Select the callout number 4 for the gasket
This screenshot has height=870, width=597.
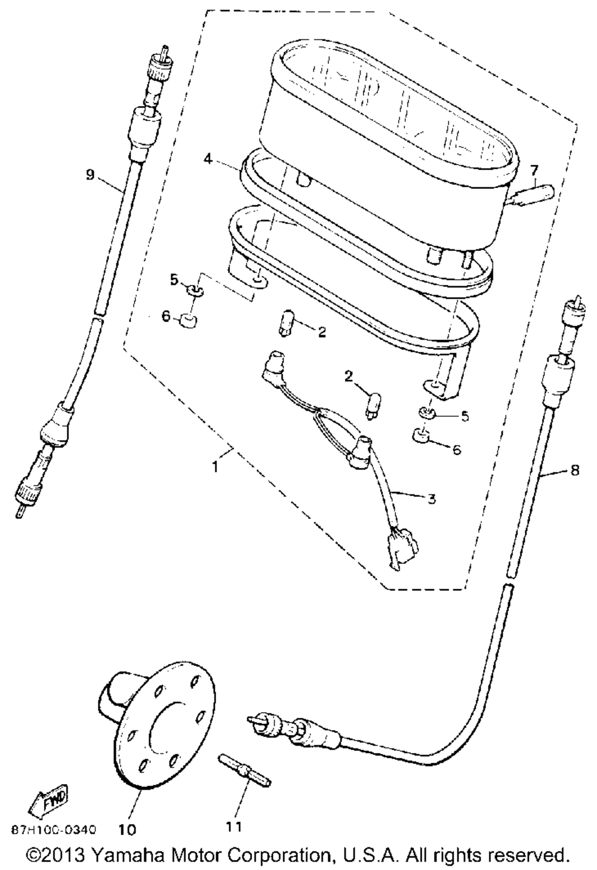point(207,160)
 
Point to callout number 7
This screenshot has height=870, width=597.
point(534,170)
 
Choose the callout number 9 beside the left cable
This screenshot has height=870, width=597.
point(90,174)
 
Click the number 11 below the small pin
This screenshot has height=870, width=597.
point(235,826)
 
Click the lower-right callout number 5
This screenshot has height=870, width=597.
point(464,416)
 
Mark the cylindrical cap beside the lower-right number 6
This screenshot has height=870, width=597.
point(423,441)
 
